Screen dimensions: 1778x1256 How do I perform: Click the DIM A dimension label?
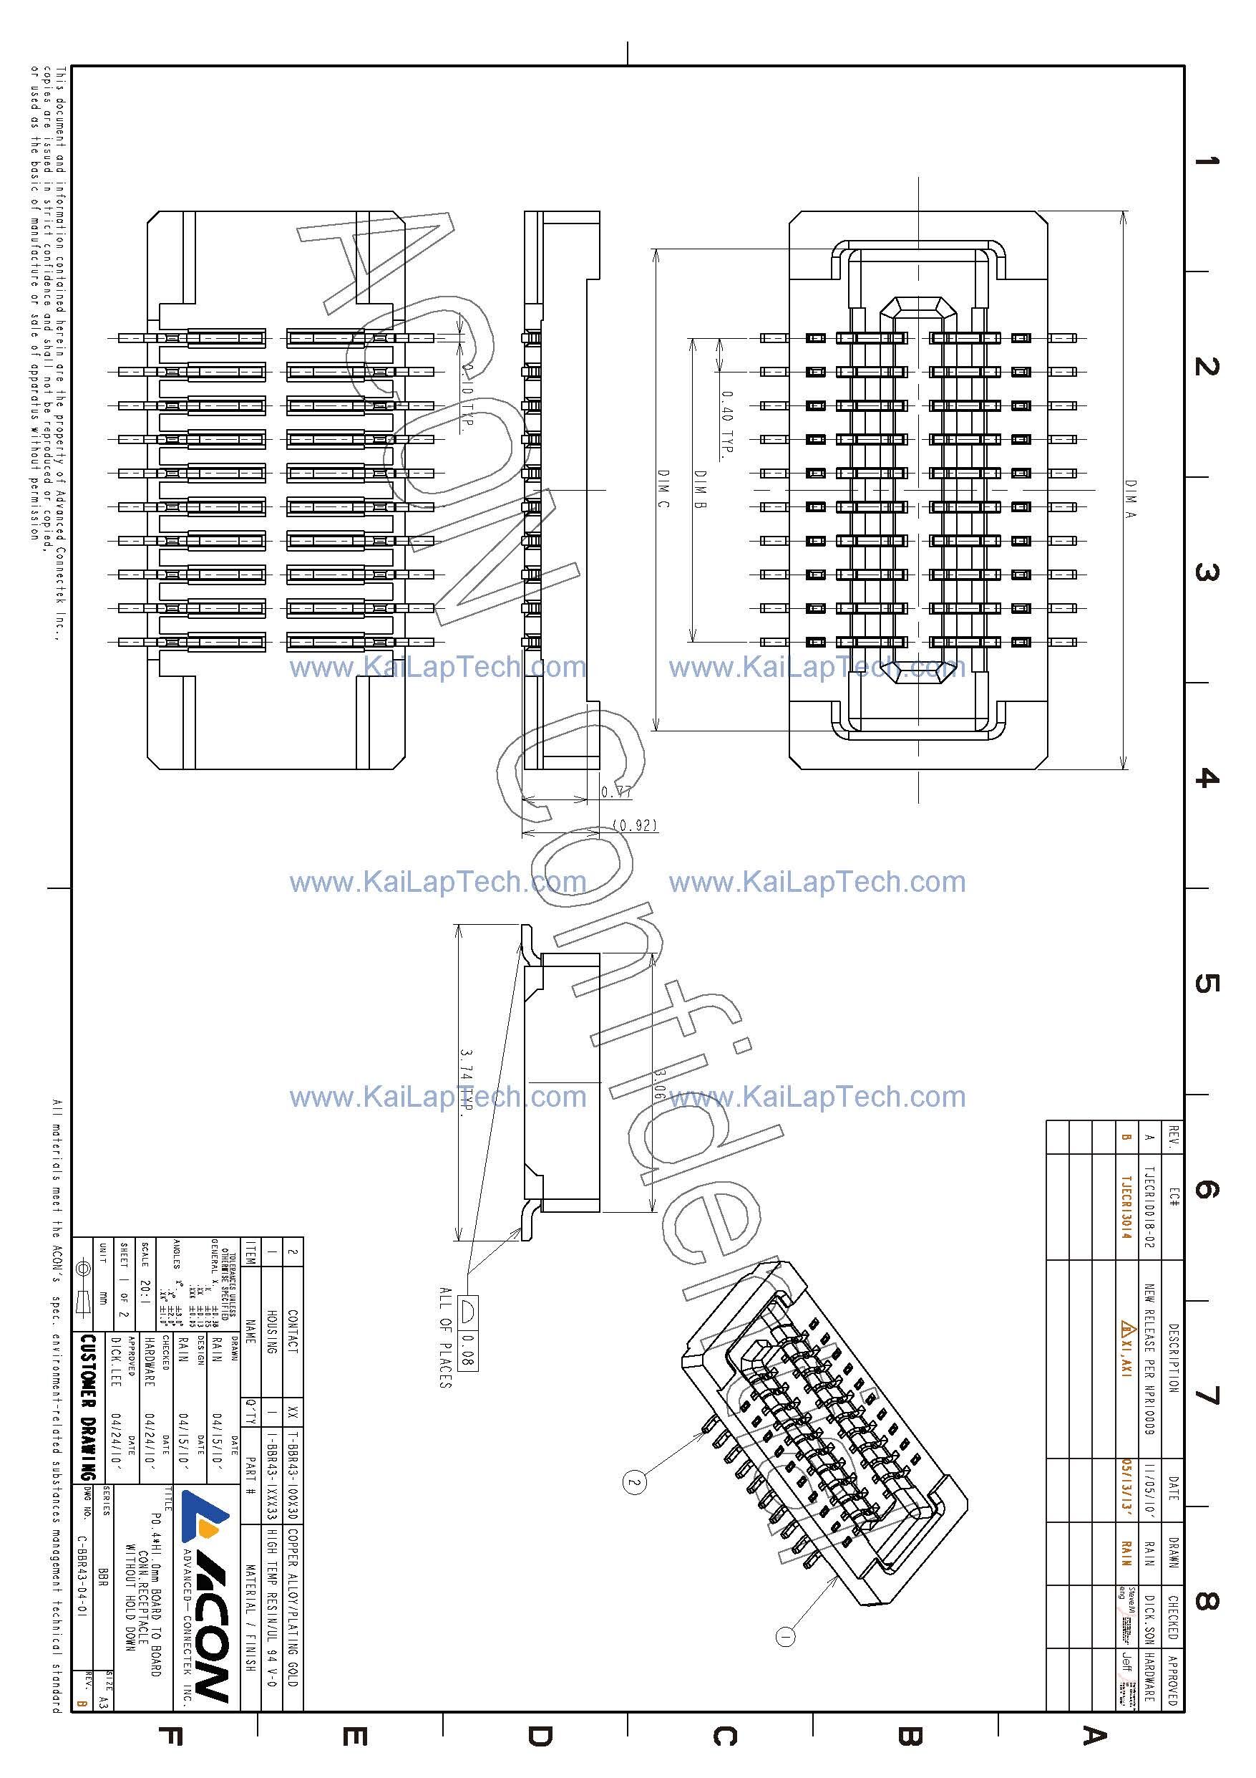pos(1131,498)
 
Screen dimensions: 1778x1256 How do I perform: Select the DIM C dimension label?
pos(663,489)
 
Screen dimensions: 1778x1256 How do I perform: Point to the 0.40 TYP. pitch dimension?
pos(726,424)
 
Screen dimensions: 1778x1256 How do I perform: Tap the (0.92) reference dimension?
pos(635,825)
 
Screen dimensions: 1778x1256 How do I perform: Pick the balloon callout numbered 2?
pos(634,1483)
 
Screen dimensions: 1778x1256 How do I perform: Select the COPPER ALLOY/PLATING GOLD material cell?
pos(293,1598)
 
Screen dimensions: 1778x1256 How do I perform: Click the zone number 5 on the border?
pos(1205,984)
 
